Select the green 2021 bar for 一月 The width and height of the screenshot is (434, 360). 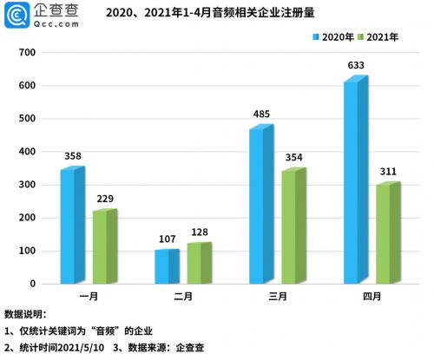click(x=104, y=246)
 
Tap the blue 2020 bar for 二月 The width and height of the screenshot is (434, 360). click(x=167, y=266)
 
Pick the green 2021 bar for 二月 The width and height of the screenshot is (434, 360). click(x=199, y=263)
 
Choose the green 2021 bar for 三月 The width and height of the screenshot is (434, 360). click(x=293, y=226)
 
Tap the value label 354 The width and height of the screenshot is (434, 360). click(x=296, y=157)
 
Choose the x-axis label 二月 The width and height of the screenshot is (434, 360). click(x=183, y=297)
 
